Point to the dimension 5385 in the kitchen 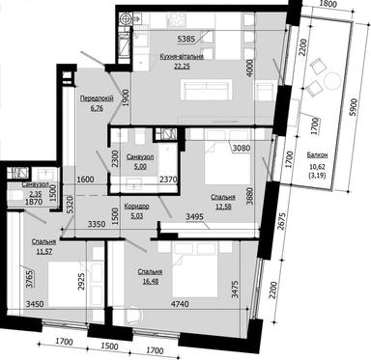click(187, 40)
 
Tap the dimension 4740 click(168, 304)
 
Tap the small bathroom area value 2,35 click(17, 194)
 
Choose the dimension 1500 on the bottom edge click(109, 344)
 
